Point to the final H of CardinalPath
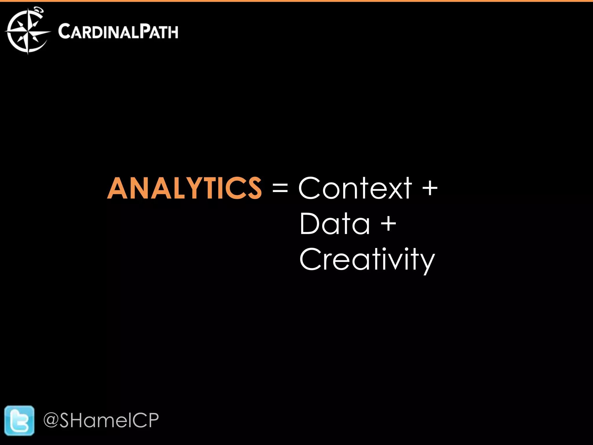[173, 32]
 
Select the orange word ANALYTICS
[184, 189]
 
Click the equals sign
[280, 189]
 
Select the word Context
[355, 189]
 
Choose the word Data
[335, 223]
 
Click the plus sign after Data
[388, 224]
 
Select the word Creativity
[367, 259]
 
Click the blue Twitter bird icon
[19, 421]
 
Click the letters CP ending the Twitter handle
[146, 420]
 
